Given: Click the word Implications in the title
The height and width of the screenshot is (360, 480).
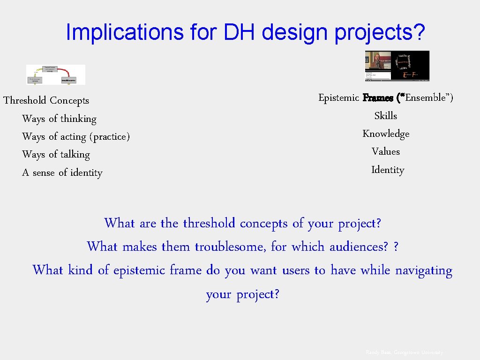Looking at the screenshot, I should pos(124,32).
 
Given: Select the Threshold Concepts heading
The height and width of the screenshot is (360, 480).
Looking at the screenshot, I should pos(46,100).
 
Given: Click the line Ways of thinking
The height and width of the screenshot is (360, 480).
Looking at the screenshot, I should pos(59,119).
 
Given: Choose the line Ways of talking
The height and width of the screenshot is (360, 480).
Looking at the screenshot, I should pos(56,154).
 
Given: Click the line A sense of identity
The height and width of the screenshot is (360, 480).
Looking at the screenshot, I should pos(62,172).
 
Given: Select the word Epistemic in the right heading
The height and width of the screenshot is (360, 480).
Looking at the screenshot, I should pos(338,97).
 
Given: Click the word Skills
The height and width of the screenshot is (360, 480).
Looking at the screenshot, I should pos(385,115).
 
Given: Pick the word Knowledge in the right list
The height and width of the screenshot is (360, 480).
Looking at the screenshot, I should pos(386,134).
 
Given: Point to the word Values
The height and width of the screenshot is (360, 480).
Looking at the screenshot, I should pos(385,151).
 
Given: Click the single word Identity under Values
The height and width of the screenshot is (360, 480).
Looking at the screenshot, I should pos(387,170).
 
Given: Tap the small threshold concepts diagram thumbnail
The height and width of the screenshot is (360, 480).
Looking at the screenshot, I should pos(56,75).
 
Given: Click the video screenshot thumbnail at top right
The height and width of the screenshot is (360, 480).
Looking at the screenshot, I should pos(397,66).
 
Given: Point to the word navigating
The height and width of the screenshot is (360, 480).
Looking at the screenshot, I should pos(423,270).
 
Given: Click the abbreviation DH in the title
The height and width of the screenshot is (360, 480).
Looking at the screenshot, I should pos(240,32).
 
